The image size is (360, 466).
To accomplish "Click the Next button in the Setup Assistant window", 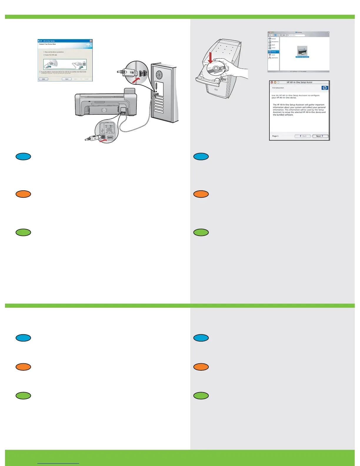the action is [x=320, y=136].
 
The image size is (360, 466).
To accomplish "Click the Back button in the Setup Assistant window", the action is [x=303, y=136].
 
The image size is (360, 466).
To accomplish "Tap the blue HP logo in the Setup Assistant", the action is [x=325, y=88].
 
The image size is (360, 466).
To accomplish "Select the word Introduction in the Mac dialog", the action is [x=278, y=88].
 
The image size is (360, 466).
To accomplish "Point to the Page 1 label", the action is [x=275, y=136].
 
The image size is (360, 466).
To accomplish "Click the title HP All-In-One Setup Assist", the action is [x=299, y=82].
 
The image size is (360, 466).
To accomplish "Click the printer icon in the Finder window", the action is [x=302, y=51].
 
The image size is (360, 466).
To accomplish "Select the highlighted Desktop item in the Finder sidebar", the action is [x=274, y=52].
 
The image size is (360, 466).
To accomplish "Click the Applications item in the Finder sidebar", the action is [x=274, y=58].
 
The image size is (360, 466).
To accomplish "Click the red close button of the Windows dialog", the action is [x=91, y=41].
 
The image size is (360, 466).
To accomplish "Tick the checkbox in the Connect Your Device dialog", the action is [x=40, y=72].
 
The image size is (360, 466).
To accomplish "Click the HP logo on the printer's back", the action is [x=104, y=110].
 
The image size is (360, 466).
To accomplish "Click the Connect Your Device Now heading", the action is [x=47, y=44].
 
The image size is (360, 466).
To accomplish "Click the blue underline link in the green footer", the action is [x=58, y=463].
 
